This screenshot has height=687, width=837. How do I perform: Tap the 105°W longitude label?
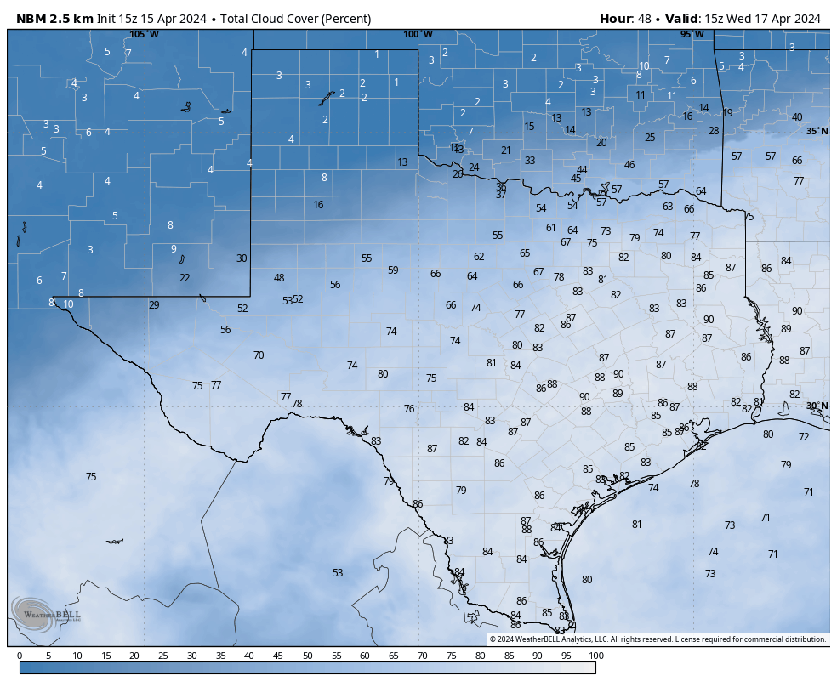pyautogui.click(x=144, y=34)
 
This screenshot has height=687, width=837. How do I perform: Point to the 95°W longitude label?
pyautogui.click(x=692, y=34)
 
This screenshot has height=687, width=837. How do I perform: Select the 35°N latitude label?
pyautogui.click(x=817, y=131)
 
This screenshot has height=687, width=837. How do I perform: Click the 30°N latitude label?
pyautogui.click(x=817, y=406)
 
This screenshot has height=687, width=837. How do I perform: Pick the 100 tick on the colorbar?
pyautogui.click(x=595, y=656)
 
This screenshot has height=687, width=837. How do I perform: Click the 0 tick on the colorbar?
pyautogui.click(x=20, y=656)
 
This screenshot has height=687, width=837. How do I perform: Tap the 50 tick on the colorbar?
pyautogui.click(x=307, y=656)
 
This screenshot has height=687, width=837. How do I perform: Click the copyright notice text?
pyautogui.click(x=658, y=639)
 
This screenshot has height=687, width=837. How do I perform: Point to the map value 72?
pyautogui.click(x=804, y=437)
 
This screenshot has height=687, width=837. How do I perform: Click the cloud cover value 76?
pyautogui.click(x=409, y=409)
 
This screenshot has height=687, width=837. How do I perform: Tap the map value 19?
pyautogui.click(x=727, y=113)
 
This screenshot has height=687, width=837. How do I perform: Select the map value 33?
pyautogui.click(x=530, y=161)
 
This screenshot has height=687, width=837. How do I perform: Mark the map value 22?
pyautogui.click(x=185, y=278)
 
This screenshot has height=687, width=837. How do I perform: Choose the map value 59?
pyautogui.click(x=393, y=270)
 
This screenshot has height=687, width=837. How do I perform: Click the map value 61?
pyautogui.click(x=551, y=228)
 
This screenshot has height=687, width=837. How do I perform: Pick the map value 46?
pyautogui.click(x=629, y=165)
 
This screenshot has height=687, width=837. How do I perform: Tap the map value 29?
pyautogui.click(x=154, y=305)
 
